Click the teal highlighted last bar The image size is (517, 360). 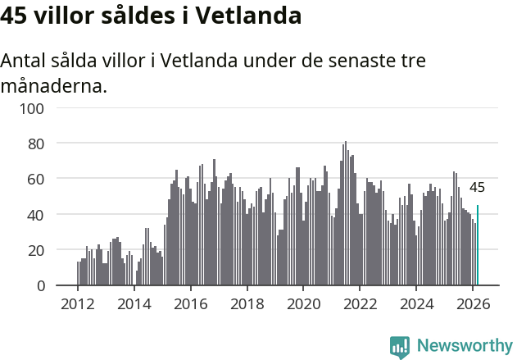point(478,246)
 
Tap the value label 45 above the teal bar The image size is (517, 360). point(477,187)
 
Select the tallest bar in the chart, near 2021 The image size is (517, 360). point(346,213)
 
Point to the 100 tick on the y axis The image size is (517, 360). point(34,107)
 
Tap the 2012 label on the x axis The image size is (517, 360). point(78,303)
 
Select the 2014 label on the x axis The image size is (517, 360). point(134,303)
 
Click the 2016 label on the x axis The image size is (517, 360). point(191,303)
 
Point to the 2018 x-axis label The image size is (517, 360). point(247,303)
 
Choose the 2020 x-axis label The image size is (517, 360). point(303,303)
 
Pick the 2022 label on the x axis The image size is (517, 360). point(360,303)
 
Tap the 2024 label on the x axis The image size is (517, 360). point(416,303)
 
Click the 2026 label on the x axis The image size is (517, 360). point(473,303)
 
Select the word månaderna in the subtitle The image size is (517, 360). point(54,85)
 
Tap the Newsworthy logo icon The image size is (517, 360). point(400,347)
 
